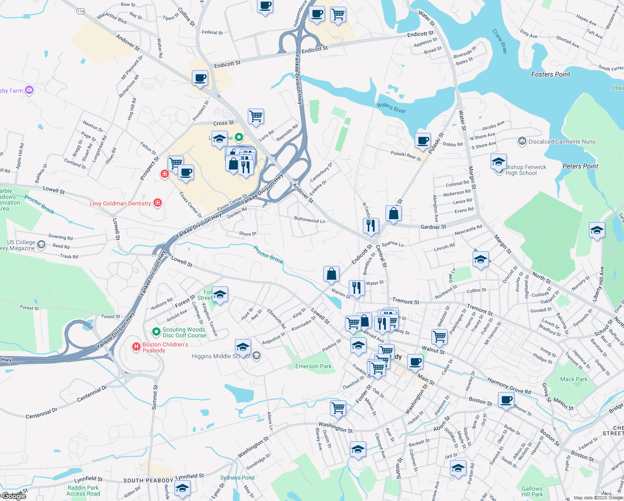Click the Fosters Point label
click(x=550, y=74)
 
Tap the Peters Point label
click(x=580, y=166)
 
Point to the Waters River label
click(x=391, y=108)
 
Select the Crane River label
click(x=499, y=41)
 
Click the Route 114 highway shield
click(x=81, y=11)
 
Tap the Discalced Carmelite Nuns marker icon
click(x=522, y=142)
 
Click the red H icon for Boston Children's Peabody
click(x=136, y=347)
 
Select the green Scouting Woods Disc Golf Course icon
click(x=156, y=332)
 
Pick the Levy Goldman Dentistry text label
click(x=120, y=203)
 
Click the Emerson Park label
click(x=313, y=366)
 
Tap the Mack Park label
click(x=574, y=379)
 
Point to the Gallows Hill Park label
click(x=532, y=491)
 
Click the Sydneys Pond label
click(x=237, y=478)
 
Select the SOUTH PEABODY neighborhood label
click(x=148, y=481)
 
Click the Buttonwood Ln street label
click(x=309, y=220)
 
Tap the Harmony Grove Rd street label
click(x=509, y=385)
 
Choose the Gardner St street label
click(x=433, y=227)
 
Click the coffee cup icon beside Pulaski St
click(x=423, y=141)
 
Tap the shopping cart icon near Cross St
click(x=256, y=116)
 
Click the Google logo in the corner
click(x=13, y=496)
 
